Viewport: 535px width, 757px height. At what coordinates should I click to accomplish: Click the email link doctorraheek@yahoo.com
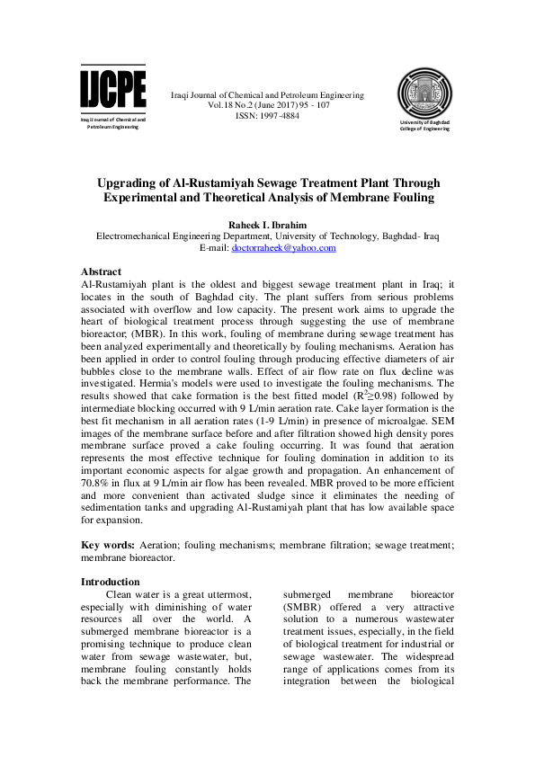pos(283,248)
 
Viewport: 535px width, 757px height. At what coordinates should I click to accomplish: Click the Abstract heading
pos(101,272)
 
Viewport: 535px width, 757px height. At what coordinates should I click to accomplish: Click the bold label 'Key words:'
pos(109,545)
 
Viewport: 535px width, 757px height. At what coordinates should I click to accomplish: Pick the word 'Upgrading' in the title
pos(135,183)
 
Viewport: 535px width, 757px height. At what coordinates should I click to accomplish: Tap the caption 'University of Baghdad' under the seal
pos(425,121)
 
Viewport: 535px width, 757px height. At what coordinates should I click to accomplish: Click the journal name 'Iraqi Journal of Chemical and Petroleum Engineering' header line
pos(267,94)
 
